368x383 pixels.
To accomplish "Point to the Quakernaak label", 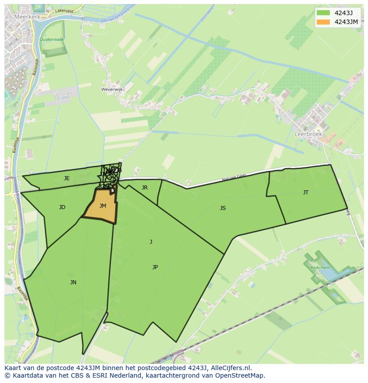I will (x=52, y=40).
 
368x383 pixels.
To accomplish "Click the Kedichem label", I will (x=320, y=268).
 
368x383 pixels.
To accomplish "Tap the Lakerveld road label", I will (x=64, y=10).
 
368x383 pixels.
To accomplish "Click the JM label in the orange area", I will (x=103, y=206).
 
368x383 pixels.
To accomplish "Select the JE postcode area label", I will (x=67, y=178).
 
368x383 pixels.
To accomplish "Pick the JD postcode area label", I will (x=62, y=207).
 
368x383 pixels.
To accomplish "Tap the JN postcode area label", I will (x=73, y=282).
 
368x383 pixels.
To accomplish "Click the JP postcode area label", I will (x=155, y=267).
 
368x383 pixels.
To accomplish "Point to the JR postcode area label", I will (x=144, y=188).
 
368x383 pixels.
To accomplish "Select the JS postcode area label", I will (x=223, y=208).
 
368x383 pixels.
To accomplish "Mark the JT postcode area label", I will (x=306, y=193).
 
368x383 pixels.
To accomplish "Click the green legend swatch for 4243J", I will (x=323, y=13).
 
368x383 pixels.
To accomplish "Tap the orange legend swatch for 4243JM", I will (x=323, y=22).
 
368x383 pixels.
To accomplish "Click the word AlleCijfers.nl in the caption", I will (x=231, y=368).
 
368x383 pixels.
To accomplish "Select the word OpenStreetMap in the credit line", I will (x=240, y=375).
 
